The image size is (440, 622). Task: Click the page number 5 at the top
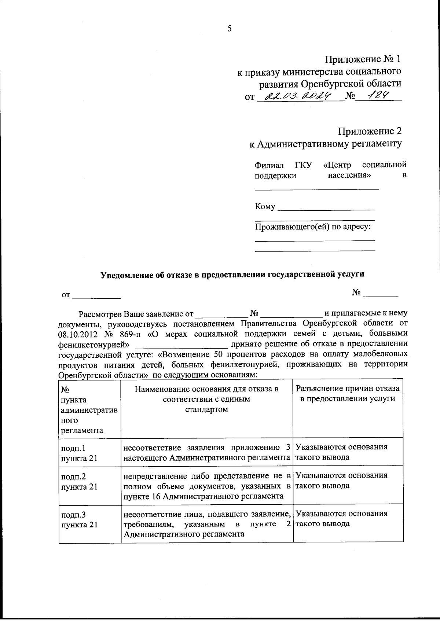[230, 29]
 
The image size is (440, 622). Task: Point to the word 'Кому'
[265, 207]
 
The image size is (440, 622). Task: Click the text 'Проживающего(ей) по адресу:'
[313, 227]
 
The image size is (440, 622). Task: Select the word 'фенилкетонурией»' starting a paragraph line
[94, 345]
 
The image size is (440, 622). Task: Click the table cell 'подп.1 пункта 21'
[79, 453]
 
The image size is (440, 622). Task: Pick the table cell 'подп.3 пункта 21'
[79, 519]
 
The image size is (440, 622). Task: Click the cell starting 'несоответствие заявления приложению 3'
[207, 452]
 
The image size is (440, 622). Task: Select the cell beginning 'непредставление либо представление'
[207, 486]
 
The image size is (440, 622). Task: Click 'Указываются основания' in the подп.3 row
[341, 514]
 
